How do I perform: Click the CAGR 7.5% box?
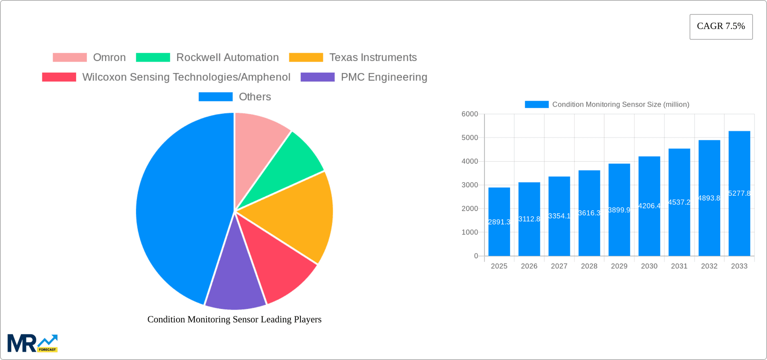pos(721,27)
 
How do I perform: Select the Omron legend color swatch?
pos(70,58)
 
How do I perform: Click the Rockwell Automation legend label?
pos(227,58)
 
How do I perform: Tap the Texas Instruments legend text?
pos(373,58)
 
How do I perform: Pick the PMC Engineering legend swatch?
pos(317,77)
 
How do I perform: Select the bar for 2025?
pos(499,222)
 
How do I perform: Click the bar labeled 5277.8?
pos(739,193)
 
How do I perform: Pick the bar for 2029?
pos(619,210)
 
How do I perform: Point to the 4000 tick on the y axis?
pos(470,161)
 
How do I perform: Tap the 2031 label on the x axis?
pos(679,266)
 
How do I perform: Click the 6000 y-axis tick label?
pos(470,114)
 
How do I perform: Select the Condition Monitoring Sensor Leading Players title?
pos(234,319)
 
